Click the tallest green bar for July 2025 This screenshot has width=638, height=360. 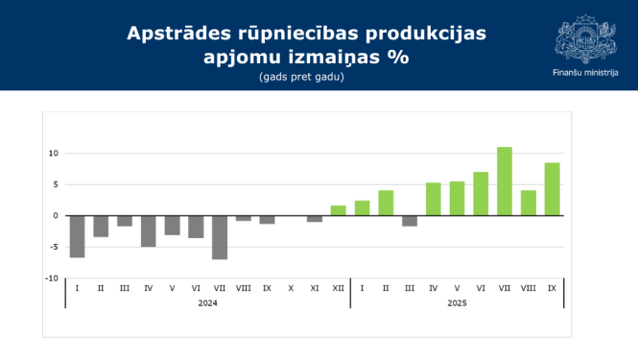point(505,181)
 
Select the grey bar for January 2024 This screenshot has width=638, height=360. point(77,236)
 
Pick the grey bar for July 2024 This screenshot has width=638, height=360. point(220,237)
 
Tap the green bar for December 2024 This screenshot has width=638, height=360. point(338,210)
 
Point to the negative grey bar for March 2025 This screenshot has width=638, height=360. point(410,221)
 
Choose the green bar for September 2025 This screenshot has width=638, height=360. point(552,189)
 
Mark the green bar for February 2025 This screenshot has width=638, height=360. point(386,203)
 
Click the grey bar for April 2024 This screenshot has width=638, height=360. point(148,231)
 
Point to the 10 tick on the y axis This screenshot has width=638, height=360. point(54,154)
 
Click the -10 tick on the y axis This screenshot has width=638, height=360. point(53,278)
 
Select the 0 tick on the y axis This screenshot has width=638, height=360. point(56,216)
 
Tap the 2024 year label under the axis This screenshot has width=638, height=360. point(207,302)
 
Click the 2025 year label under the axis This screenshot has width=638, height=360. point(457,302)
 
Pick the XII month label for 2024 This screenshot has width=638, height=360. point(338,288)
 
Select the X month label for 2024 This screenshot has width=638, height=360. point(291,288)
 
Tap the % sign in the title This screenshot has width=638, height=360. point(397,57)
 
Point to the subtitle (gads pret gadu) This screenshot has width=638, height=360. point(300,77)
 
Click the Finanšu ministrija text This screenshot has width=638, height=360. point(585,72)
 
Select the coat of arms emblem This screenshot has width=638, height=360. point(585,38)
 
